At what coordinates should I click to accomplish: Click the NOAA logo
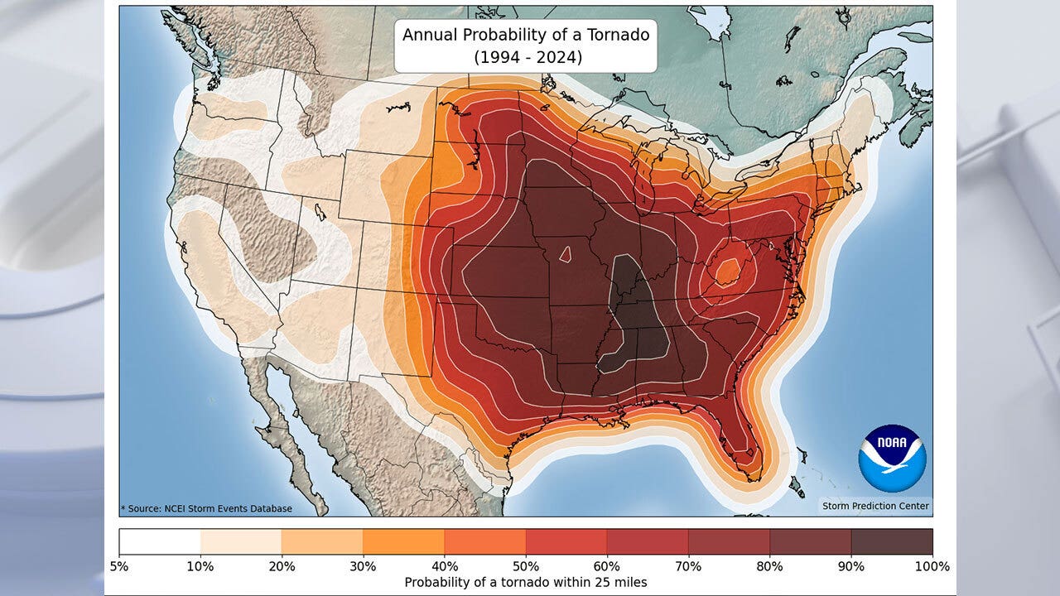tap(892, 458)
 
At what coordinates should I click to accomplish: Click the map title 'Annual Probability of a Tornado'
tap(525, 35)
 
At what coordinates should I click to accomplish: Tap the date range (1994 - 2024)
tap(525, 58)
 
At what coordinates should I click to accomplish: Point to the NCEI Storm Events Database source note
tap(206, 508)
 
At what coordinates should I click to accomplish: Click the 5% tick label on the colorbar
tap(119, 567)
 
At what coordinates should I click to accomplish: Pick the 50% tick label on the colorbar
tap(526, 567)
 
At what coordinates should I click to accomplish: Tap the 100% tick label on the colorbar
tap(932, 567)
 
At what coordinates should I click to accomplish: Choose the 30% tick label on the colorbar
tap(363, 567)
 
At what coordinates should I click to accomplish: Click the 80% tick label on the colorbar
tap(769, 567)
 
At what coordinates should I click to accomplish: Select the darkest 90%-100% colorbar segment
tap(892, 541)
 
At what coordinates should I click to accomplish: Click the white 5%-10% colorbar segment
tap(160, 541)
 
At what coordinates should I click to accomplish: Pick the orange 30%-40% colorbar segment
tap(403, 541)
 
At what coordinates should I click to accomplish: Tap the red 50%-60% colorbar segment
tap(566, 541)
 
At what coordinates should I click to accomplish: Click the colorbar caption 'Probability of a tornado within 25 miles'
tap(525, 583)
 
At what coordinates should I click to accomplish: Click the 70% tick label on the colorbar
tap(688, 567)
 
